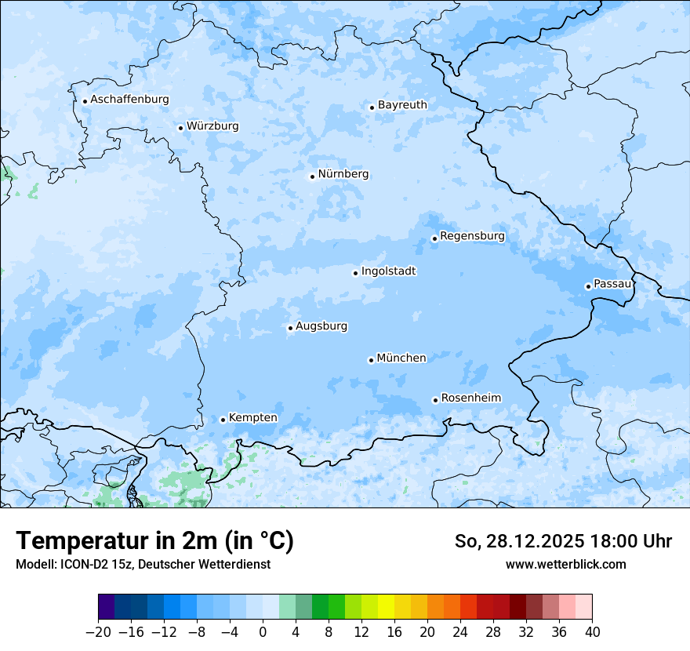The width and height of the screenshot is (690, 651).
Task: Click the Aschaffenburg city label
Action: (129, 100)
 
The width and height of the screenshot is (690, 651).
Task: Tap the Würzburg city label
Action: (212, 126)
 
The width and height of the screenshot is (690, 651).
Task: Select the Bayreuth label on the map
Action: (402, 105)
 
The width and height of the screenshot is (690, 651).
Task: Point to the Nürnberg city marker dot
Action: (312, 176)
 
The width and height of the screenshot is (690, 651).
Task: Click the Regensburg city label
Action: (472, 236)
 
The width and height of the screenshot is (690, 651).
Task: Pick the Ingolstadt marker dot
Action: (355, 273)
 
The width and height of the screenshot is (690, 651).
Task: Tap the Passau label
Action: (612, 284)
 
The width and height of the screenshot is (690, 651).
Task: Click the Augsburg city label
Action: (321, 326)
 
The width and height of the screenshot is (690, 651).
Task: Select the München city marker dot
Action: (371, 360)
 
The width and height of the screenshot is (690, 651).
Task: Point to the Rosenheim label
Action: (470, 398)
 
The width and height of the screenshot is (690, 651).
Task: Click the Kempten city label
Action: (252, 418)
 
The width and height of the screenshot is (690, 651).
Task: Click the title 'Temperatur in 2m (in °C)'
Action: (154, 541)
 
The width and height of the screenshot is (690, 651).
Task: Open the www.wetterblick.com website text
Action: (565, 564)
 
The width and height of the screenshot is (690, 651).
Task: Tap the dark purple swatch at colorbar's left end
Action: (106, 607)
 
